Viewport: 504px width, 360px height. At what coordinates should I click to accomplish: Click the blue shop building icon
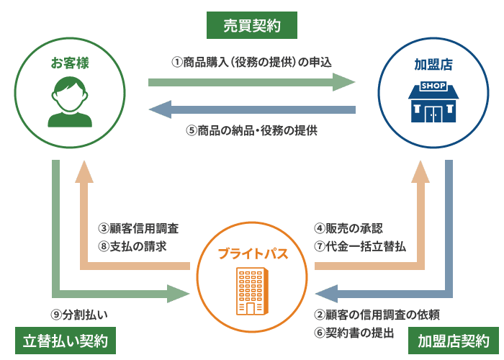point(433,102)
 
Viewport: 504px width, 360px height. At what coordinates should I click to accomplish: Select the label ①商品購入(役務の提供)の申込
point(251,62)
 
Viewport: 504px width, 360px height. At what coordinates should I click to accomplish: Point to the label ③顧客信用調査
point(138,228)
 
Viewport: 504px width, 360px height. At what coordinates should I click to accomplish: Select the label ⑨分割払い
point(79,315)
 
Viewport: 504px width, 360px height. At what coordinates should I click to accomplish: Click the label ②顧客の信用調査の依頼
point(377,315)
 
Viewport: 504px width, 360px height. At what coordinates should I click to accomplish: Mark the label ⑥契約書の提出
point(354,332)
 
